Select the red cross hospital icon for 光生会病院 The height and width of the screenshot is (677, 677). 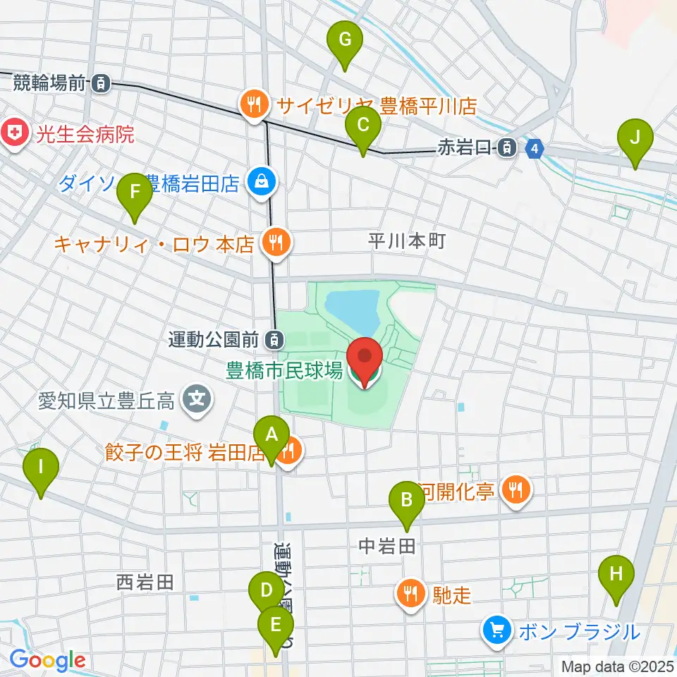(x=12, y=132)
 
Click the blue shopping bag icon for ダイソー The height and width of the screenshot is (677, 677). (x=262, y=183)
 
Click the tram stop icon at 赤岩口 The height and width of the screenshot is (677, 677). (x=506, y=148)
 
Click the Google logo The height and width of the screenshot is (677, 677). (x=47, y=660)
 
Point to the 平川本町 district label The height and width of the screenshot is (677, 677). (x=407, y=240)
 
